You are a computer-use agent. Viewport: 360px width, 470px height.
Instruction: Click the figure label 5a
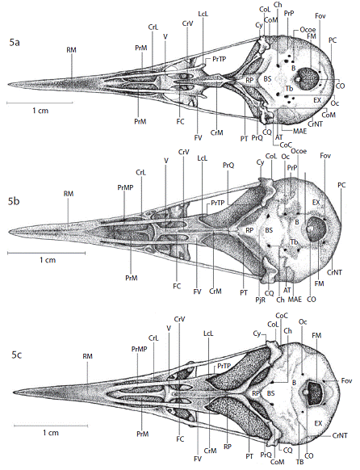click(14, 42)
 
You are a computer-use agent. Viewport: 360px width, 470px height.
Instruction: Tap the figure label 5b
click(14, 201)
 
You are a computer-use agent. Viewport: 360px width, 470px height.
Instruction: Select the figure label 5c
click(17, 355)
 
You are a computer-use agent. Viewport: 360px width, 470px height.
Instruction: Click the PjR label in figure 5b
click(261, 299)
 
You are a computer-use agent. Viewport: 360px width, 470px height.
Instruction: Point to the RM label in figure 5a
click(71, 50)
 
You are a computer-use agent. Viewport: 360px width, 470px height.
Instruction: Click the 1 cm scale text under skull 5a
click(40, 111)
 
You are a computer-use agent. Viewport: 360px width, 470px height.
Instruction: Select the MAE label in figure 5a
click(299, 131)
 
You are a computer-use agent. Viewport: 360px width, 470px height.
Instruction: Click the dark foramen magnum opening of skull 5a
click(307, 78)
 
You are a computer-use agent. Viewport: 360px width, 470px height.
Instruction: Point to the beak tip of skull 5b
click(10, 232)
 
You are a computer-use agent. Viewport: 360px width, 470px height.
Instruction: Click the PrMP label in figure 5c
click(139, 349)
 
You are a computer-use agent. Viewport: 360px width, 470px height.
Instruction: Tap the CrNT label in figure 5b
click(334, 272)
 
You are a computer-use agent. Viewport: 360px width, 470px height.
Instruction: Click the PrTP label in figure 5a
click(219, 59)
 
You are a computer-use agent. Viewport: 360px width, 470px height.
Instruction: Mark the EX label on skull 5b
click(316, 203)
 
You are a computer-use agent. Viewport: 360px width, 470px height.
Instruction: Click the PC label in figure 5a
click(333, 40)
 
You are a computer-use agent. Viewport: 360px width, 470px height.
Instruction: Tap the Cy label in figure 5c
click(257, 334)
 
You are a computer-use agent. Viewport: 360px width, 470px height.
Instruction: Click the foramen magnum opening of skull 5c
click(314, 392)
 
